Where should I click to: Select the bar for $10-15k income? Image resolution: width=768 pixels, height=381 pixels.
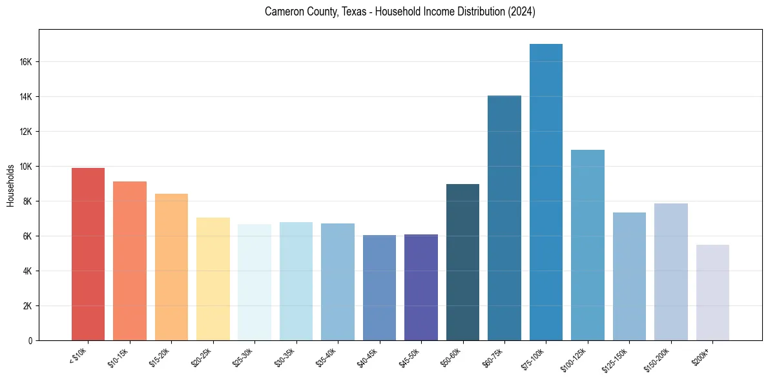point(130,261)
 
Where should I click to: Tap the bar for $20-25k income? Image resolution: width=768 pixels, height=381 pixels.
point(213,279)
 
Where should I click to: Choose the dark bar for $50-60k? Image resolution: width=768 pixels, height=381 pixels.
point(462,262)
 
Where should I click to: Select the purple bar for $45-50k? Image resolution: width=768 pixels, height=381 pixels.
point(421,287)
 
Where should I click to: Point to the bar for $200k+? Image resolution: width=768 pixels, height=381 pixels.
point(712,293)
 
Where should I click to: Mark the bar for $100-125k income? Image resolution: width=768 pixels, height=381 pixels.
point(588,245)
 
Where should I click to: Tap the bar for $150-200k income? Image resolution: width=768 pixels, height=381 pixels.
point(671,272)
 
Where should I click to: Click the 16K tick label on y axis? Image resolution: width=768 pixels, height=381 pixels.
point(26,62)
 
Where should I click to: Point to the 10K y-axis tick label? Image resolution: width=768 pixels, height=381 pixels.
point(26,167)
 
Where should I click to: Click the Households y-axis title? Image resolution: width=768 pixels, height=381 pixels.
point(10,185)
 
